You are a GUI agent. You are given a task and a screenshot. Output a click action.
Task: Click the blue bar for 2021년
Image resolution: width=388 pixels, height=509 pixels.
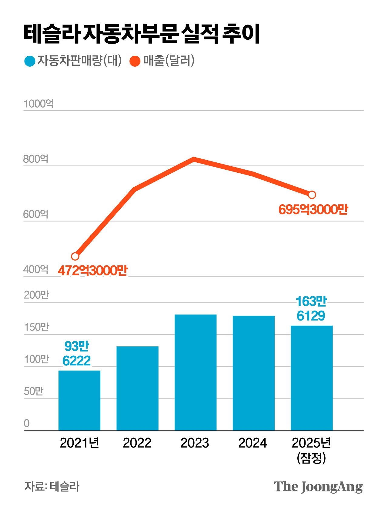[79, 400]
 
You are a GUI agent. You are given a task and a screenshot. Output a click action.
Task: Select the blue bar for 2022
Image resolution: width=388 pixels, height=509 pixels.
[137, 388]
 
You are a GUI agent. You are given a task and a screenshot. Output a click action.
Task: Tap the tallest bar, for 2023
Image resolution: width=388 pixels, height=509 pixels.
[196, 372]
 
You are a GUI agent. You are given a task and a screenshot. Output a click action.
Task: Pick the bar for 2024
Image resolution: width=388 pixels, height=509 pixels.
[253, 373]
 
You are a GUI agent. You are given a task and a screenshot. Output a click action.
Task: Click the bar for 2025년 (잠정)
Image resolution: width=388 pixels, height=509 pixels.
[312, 378]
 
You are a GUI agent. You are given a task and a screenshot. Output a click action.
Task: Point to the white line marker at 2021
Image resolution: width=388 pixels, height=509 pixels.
[75, 256]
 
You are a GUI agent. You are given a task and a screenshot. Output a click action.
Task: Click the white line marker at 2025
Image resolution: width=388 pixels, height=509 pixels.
[312, 195]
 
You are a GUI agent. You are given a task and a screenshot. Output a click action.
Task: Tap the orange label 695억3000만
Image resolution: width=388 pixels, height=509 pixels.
[313, 210]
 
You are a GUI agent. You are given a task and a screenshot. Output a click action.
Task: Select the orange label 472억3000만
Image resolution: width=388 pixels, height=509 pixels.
[93, 271]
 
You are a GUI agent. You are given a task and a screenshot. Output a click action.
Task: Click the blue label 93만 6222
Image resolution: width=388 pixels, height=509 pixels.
[77, 353]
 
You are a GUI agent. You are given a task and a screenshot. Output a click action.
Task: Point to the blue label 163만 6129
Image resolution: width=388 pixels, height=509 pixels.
[311, 308]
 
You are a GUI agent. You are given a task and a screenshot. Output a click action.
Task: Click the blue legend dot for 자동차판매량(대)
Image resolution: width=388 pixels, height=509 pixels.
[30, 61]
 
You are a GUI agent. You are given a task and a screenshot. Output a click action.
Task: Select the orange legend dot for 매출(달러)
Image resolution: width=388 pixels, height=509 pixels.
[135, 61]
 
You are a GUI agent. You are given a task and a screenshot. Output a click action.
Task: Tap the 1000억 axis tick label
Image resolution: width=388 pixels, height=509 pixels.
[39, 104]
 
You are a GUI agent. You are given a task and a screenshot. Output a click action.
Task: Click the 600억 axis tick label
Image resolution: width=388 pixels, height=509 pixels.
[36, 214]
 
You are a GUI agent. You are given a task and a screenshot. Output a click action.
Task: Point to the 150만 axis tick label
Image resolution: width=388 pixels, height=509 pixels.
[36, 327]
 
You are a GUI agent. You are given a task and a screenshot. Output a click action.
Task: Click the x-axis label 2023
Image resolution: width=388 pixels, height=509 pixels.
[195, 443]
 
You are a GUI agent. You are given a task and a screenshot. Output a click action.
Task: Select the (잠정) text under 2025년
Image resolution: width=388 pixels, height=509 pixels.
[311, 458]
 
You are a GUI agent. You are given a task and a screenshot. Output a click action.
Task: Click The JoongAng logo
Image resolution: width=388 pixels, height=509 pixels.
[318, 487]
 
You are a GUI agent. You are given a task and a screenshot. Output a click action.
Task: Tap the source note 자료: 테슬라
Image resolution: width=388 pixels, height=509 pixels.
[52, 486]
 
